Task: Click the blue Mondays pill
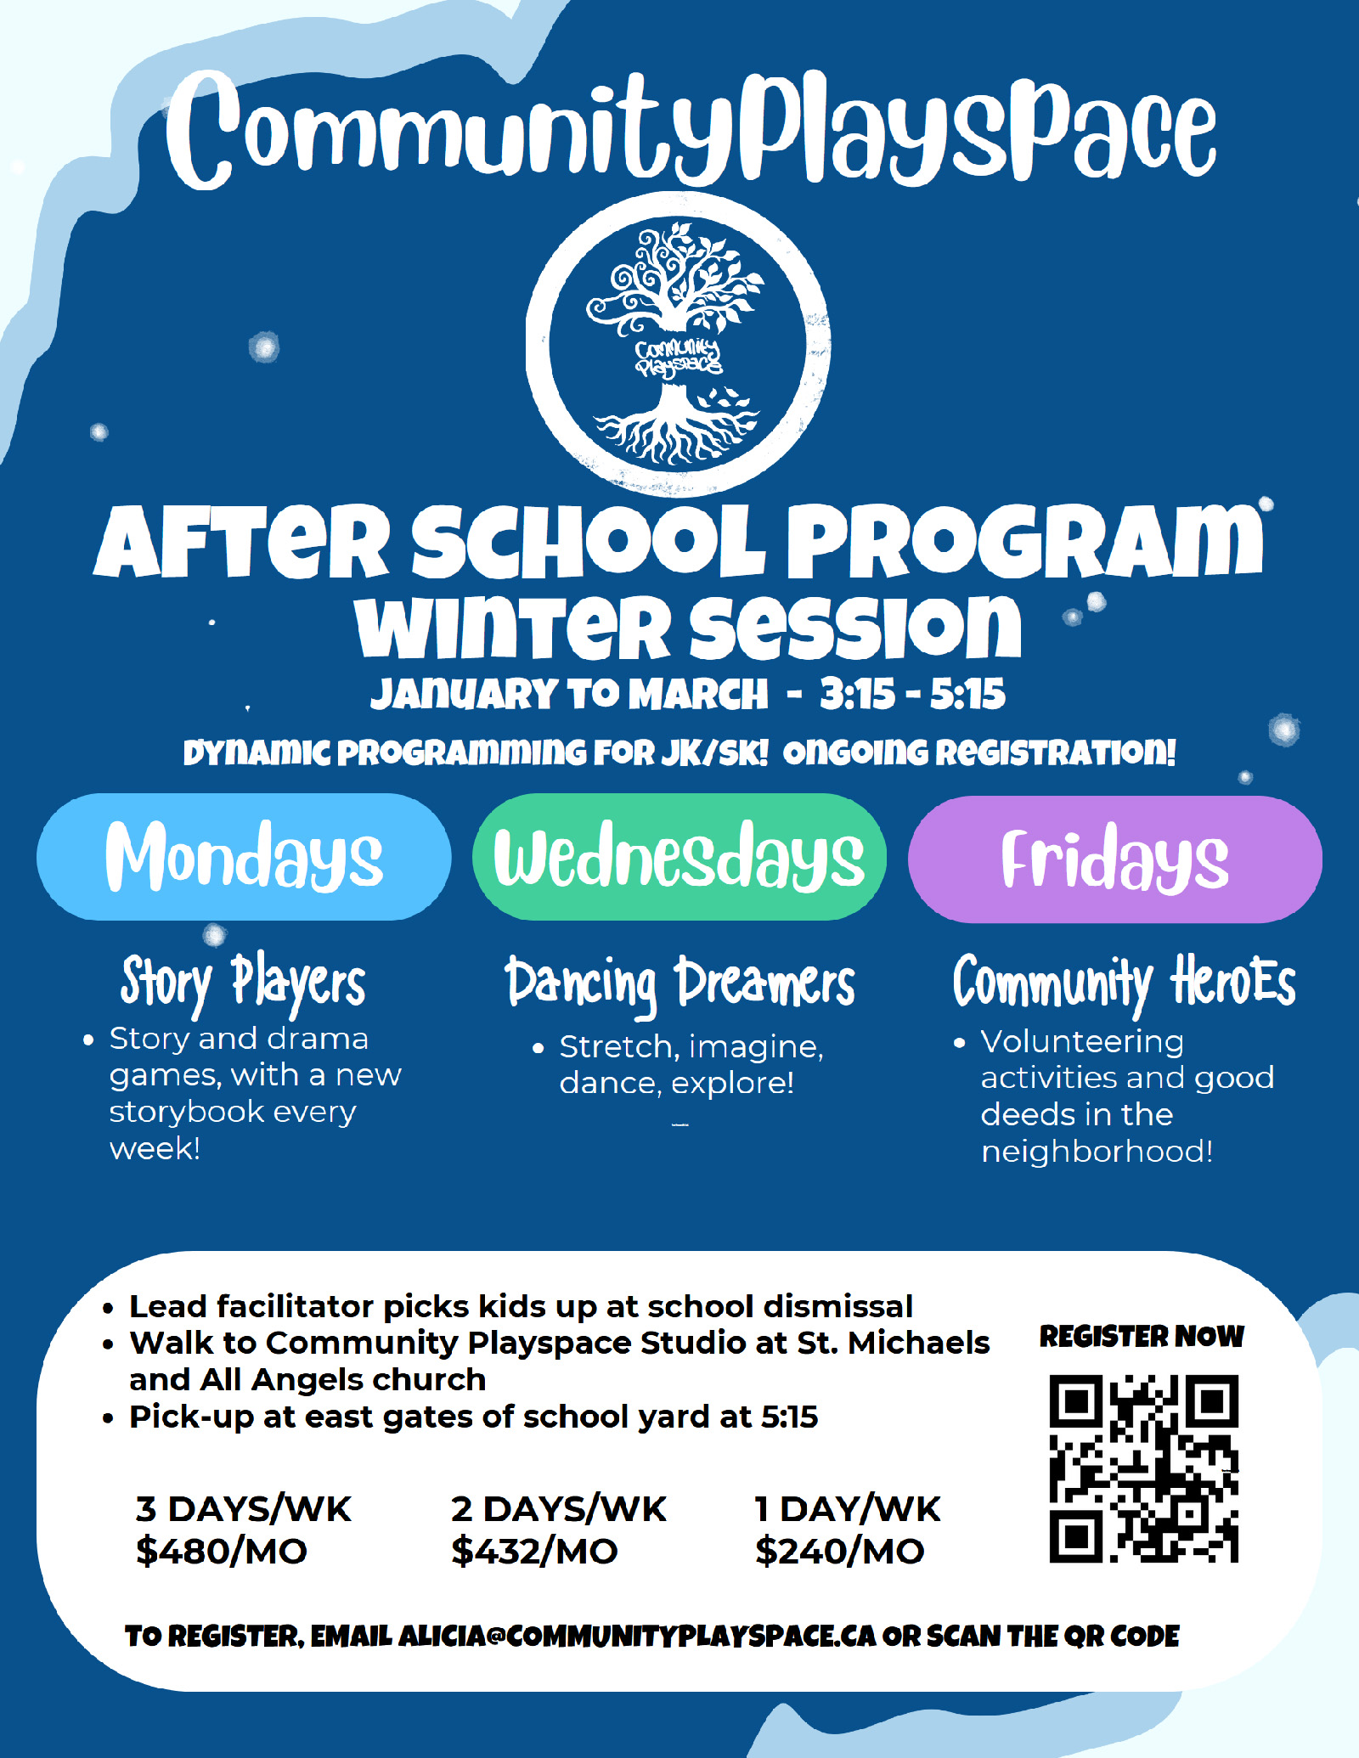[x=244, y=857]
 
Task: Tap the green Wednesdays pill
[x=679, y=857]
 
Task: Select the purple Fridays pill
[x=1115, y=859]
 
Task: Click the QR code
[x=1143, y=1468]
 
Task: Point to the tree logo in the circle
[x=678, y=345]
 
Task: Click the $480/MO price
[x=222, y=1551]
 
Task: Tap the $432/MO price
[x=534, y=1551]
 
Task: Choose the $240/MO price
[x=839, y=1551]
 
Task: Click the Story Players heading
[x=243, y=983]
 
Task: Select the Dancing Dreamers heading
[x=679, y=983]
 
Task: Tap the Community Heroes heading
[x=1125, y=983]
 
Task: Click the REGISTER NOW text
[x=1142, y=1336]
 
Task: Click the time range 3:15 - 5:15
[x=912, y=694]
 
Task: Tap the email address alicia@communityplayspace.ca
[x=636, y=1636]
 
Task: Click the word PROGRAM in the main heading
[x=1025, y=541]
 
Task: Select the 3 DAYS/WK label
[x=243, y=1509]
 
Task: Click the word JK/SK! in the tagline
[x=715, y=752]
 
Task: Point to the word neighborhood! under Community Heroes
[x=1097, y=1152]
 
